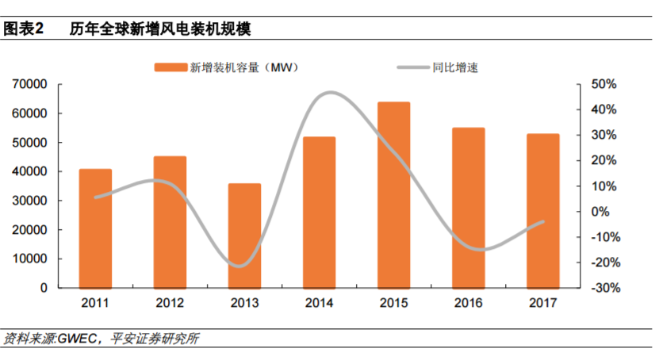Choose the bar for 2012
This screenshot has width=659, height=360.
tap(170, 222)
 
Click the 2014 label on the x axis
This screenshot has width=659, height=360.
tap(319, 303)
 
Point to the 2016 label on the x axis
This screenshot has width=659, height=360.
tap(469, 303)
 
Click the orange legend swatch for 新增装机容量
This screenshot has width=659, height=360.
tap(170, 67)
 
